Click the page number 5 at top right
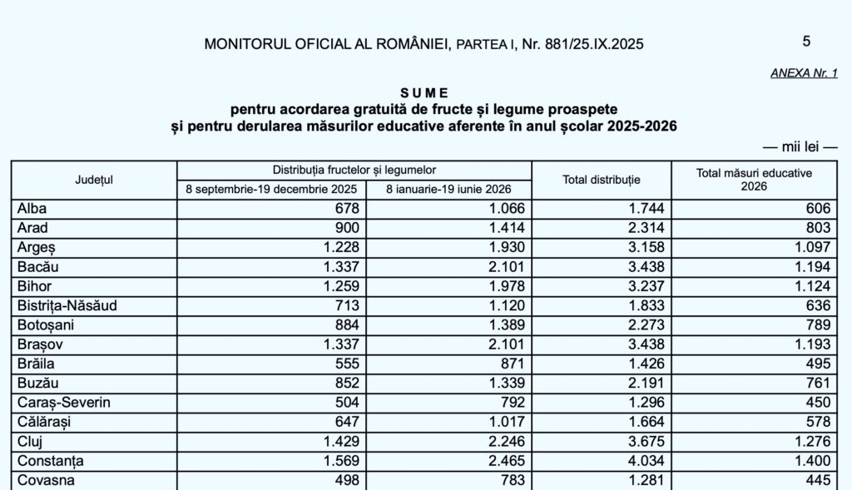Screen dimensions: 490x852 tap(806, 41)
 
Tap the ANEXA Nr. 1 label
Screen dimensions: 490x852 tap(804, 73)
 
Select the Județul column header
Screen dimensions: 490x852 tap(94, 180)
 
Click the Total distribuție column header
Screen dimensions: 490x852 tap(602, 180)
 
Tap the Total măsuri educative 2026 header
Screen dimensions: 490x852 tap(755, 180)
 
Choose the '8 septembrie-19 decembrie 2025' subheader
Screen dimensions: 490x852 tap(271, 189)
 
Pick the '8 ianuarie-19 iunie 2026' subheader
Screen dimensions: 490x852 tap(449, 189)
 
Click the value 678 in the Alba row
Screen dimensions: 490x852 tap(345, 208)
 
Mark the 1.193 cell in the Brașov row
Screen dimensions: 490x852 tap(812, 344)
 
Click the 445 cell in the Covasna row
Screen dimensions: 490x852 tap(818, 480)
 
